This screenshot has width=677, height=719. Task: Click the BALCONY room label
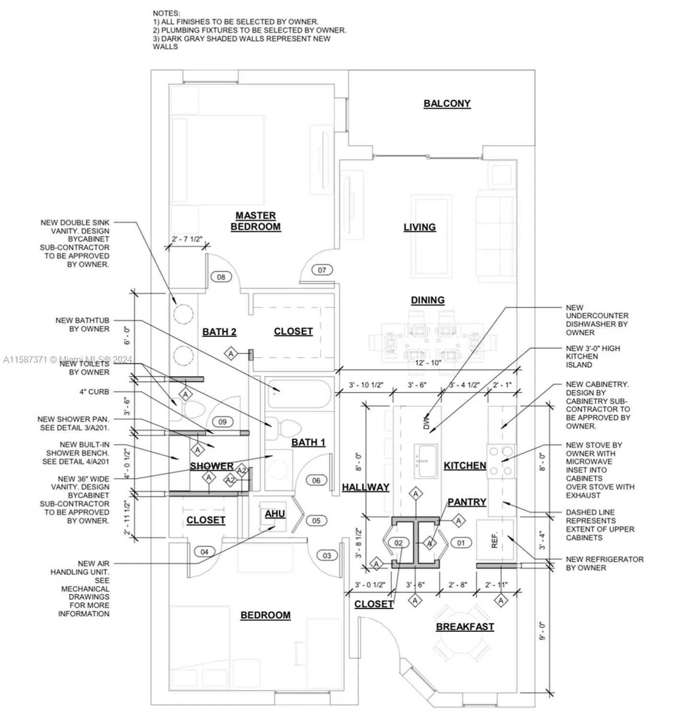point(447,104)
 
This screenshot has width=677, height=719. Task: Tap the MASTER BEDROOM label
point(255,221)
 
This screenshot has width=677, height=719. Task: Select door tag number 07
point(322,270)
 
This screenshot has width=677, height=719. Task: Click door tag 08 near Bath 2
point(221,277)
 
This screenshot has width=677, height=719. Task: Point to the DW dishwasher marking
point(426,422)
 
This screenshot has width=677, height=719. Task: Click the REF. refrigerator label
point(495,540)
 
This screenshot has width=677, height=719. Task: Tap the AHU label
point(275,513)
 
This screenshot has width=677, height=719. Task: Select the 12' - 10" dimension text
point(428,362)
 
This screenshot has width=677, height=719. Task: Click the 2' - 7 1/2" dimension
point(187,239)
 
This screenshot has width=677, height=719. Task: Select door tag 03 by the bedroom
point(327,556)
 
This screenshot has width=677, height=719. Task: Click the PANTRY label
point(467,502)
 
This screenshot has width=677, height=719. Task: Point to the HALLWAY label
point(366,487)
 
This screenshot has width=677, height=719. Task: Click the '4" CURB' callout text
point(94,392)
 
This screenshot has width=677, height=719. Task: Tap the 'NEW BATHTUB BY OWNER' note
point(82,325)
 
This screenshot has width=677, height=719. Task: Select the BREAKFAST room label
point(464,626)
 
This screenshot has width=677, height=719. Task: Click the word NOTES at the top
point(166,13)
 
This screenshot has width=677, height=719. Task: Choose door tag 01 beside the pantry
point(460,543)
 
